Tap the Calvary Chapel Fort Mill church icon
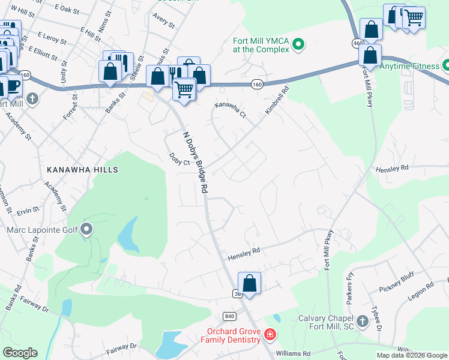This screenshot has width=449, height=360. [362, 322]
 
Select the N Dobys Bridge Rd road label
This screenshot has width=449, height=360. [196, 162]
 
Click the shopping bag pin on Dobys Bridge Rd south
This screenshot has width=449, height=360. [249, 283]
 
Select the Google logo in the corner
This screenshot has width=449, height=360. [20, 353]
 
